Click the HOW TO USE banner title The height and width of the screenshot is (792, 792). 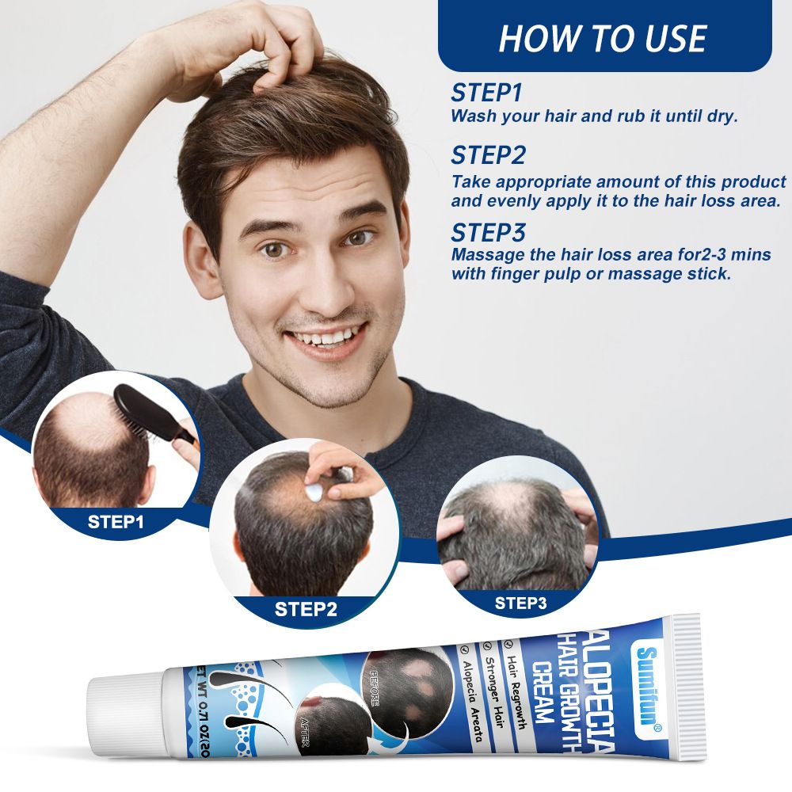tap(604, 38)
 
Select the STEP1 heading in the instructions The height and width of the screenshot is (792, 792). tap(487, 92)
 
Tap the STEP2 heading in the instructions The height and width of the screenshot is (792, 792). tap(488, 154)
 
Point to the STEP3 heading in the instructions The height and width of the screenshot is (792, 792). tap(488, 232)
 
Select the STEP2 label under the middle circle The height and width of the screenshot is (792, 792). tap(306, 609)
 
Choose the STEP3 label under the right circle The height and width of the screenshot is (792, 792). tap(520, 603)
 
